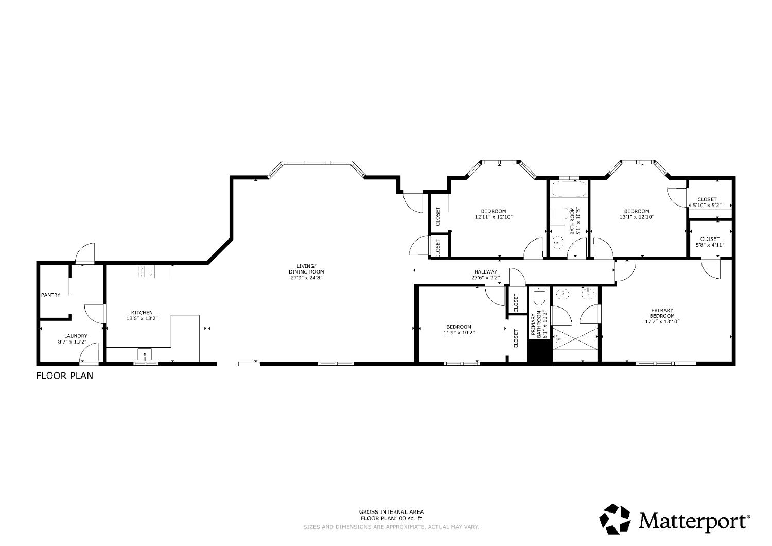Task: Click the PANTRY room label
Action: (x=50, y=295)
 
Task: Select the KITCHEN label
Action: (x=142, y=313)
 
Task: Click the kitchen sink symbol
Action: (x=145, y=354)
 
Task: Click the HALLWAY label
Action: (x=485, y=271)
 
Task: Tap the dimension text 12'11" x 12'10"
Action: (x=494, y=217)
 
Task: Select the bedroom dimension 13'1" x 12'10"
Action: (x=637, y=217)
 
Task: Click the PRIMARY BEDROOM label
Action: (x=662, y=313)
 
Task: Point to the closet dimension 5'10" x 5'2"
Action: (x=707, y=206)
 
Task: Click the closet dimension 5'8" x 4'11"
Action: (x=710, y=245)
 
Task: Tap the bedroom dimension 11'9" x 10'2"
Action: (x=459, y=333)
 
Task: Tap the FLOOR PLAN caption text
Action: (x=64, y=376)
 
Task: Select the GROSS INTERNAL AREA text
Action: (x=391, y=512)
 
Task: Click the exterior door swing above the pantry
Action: (x=85, y=253)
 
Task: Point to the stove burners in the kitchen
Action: (x=146, y=271)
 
